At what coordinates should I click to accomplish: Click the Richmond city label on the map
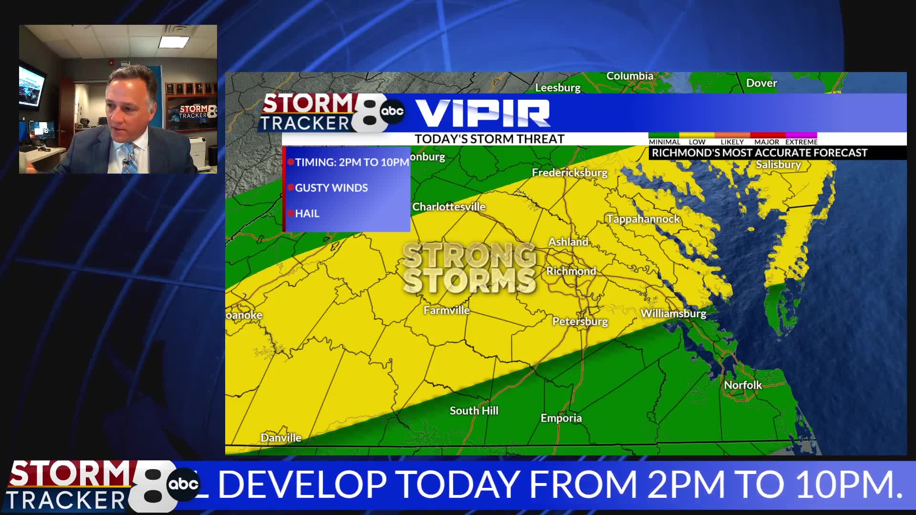coord(571,271)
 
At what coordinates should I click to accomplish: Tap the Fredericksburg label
coord(570,173)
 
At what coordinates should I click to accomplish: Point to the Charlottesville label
coord(448,206)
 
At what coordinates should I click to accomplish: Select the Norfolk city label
coord(742,385)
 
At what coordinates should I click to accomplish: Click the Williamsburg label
coord(673,313)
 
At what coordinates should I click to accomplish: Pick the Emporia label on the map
coord(561,418)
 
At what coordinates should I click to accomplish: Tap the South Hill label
coord(474,411)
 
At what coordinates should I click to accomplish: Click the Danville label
coord(281,438)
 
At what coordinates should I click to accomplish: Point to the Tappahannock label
coord(643,219)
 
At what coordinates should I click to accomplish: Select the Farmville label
coord(447,310)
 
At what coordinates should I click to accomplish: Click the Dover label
coord(761,83)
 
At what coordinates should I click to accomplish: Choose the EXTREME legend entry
coord(801,142)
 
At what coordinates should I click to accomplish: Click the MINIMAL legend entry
coord(664,142)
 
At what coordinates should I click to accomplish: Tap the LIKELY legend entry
coord(732,142)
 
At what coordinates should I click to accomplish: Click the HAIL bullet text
coord(307,214)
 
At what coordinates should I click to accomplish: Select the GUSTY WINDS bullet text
coord(331,188)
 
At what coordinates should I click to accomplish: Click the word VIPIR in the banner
coord(483,113)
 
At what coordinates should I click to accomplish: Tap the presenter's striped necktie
coord(130,158)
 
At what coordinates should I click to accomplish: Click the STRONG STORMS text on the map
coord(469,268)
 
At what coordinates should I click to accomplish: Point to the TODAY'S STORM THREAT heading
coord(489,139)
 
